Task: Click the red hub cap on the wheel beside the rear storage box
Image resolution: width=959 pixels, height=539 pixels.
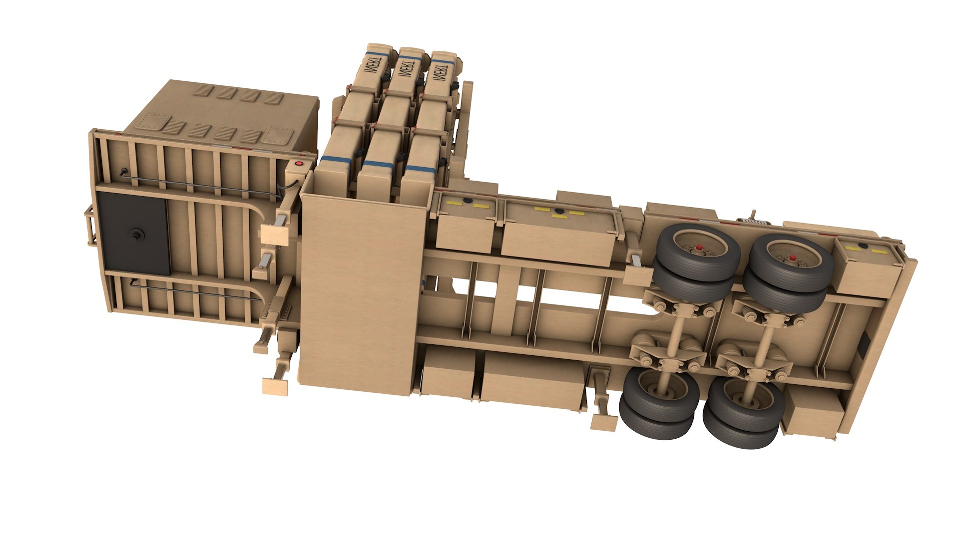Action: [x=792, y=258]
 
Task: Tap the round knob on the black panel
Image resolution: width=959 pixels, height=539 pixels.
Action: [x=136, y=235]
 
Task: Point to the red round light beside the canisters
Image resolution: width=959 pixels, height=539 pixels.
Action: [x=299, y=163]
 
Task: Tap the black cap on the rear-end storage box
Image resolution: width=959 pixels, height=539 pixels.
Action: [x=863, y=246]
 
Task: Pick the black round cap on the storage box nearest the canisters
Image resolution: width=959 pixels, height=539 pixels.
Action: [x=468, y=201]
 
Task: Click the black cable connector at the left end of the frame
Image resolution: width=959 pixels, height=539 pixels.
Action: [x=122, y=172]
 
